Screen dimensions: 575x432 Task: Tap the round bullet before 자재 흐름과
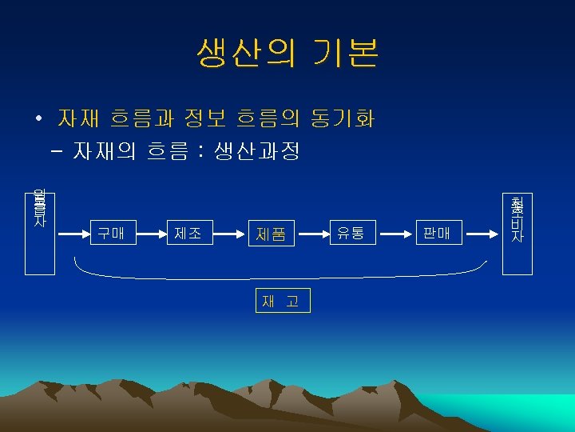(x=38, y=120)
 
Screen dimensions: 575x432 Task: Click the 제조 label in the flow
(x=188, y=234)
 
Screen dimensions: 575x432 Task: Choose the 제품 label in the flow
(x=271, y=234)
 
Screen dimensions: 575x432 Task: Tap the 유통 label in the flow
(x=351, y=234)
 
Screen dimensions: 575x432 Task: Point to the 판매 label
(x=437, y=234)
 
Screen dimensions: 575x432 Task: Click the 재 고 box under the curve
(x=280, y=301)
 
